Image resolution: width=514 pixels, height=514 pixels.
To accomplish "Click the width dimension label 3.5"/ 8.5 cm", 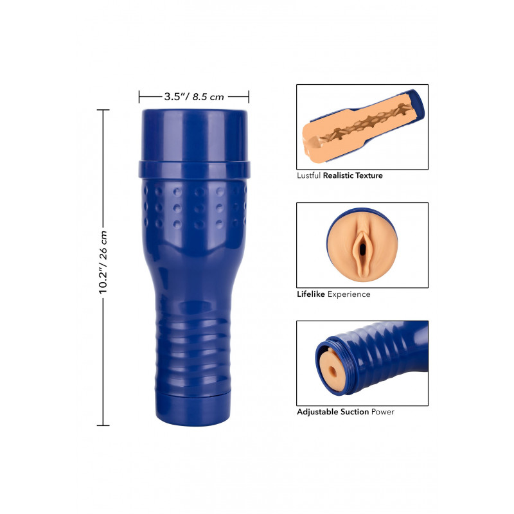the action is point(194,97).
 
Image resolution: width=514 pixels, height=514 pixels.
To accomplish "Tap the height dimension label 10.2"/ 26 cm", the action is point(103,262).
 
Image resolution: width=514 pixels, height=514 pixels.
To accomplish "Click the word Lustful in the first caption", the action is point(308,175).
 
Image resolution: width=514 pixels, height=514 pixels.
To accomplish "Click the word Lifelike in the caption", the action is point(311,294).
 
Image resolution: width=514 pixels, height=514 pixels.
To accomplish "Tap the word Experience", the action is point(349,294).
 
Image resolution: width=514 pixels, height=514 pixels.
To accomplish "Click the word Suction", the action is point(355,412).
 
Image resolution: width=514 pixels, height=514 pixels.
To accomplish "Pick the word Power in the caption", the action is point(382,412).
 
